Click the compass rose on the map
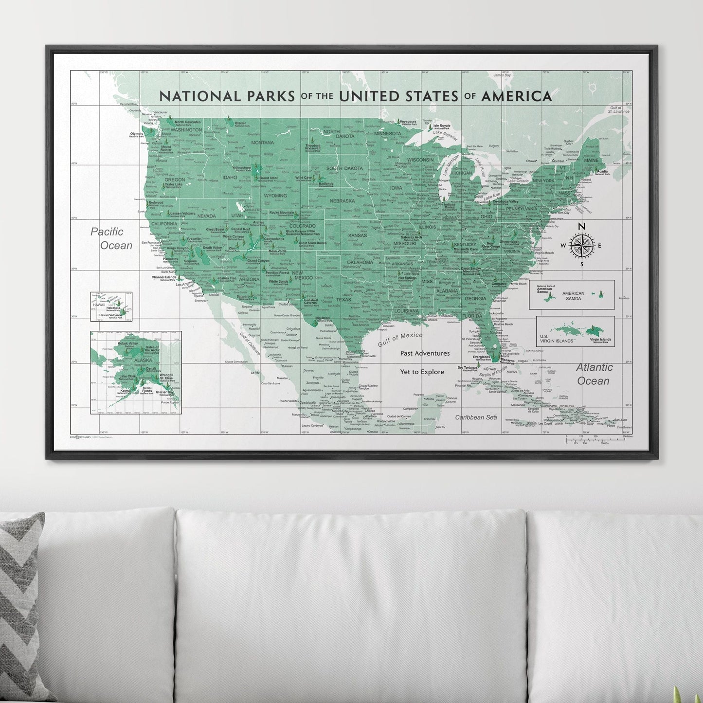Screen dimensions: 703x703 point(581,245)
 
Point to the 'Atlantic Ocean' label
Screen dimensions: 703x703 point(594,374)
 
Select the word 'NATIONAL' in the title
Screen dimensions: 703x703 point(200,96)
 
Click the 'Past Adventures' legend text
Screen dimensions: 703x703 point(425,353)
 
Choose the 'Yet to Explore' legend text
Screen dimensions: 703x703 point(422,372)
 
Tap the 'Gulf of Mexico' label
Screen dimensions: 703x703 point(400,339)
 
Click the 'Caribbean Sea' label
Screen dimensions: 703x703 point(476,417)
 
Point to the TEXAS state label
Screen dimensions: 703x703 point(343,300)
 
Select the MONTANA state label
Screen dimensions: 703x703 point(262,143)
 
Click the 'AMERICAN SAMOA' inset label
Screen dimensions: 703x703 point(573,296)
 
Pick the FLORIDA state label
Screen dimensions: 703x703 point(471,316)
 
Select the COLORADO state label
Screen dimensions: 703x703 point(302,226)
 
